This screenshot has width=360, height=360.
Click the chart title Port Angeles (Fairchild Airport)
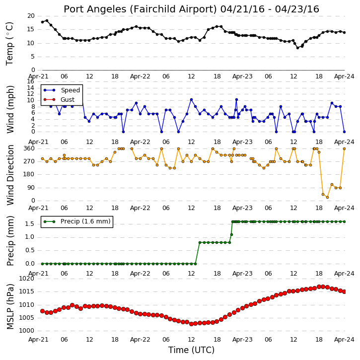[x=141, y=9]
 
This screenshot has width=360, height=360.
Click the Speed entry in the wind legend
[x=70, y=90]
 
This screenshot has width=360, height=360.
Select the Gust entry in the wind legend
[x=67, y=100]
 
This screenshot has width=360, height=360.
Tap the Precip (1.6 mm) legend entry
[x=85, y=221]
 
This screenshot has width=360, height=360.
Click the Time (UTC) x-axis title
[x=191, y=350]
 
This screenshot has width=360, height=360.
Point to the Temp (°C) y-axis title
[x=9, y=44]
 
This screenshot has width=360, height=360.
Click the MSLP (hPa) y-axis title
[x=10, y=307]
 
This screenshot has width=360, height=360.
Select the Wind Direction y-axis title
[x=10, y=175]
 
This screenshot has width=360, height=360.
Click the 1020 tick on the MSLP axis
[x=26, y=279]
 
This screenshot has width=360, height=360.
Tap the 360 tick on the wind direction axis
[x=29, y=148]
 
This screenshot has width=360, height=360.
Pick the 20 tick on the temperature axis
[x=31, y=16]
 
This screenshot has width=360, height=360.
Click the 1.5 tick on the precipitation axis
[x=30, y=224]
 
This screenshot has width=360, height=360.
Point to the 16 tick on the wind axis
[x=31, y=81]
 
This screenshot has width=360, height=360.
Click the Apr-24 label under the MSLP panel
[x=344, y=340]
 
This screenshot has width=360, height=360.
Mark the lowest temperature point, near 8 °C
[x=298, y=48]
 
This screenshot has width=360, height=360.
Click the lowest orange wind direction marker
[x=327, y=197]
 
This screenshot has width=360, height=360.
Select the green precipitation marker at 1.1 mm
[x=232, y=235]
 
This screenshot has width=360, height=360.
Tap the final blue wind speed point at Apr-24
[x=345, y=132]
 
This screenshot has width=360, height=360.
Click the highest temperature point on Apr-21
[x=47, y=21]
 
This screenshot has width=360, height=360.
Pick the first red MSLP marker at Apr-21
[x=43, y=311]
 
